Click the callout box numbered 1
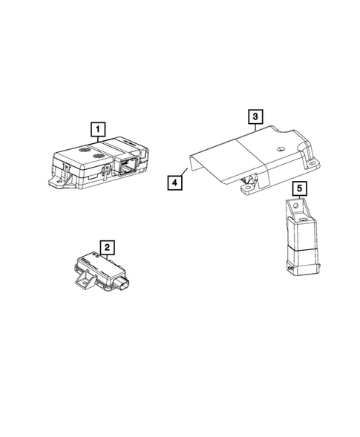[96, 131]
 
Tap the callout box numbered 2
[108, 248]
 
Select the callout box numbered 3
[254, 117]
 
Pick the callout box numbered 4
[173, 180]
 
